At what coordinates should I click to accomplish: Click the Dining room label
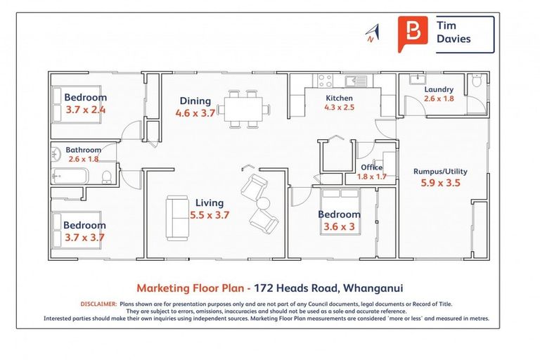pyautogui.click(x=195, y=101)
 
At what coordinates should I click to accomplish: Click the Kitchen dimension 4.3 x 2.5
pyautogui.click(x=339, y=108)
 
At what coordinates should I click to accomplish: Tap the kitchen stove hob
pyautogui.click(x=324, y=81)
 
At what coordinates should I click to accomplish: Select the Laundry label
pyautogui.click(x=439, y=89)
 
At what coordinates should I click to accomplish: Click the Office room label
pyautogui.click(x=371, y=167)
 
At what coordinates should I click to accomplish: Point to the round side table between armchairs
pyautogui.click(x=263, y=204)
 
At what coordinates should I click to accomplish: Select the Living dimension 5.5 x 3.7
pyautogui.click(x=210, y=215)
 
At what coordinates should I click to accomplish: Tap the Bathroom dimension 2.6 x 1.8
pyautogui.click(x=84, y=159)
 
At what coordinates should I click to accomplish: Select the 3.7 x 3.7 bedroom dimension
pyautogui.click(x=84, y=237)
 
